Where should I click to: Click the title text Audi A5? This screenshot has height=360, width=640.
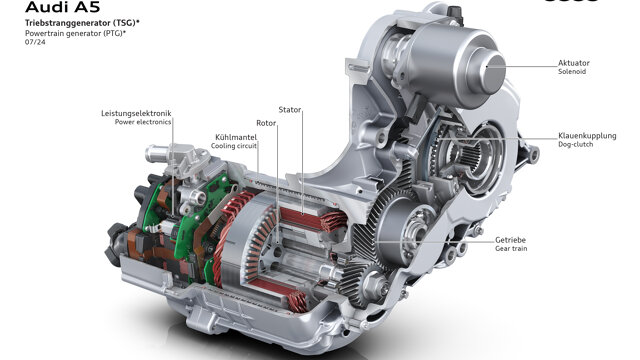(x=62, y=7)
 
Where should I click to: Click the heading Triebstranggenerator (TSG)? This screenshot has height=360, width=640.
(x=80, y=23)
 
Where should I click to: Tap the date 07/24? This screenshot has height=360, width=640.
(x=36, y=42)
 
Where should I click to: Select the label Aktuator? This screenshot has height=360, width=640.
(x=573, y=63)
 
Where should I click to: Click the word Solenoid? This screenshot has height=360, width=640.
(x=572, y=71)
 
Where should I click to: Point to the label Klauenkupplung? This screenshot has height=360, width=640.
(x=587, y=136)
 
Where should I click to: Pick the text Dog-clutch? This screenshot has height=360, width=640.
(x=576, y=144)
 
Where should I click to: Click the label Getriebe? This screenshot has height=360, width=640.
(x=510, y=240)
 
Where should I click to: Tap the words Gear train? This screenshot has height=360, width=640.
(x=511, y=248)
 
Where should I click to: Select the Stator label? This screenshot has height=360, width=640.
(x=290, y=110)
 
